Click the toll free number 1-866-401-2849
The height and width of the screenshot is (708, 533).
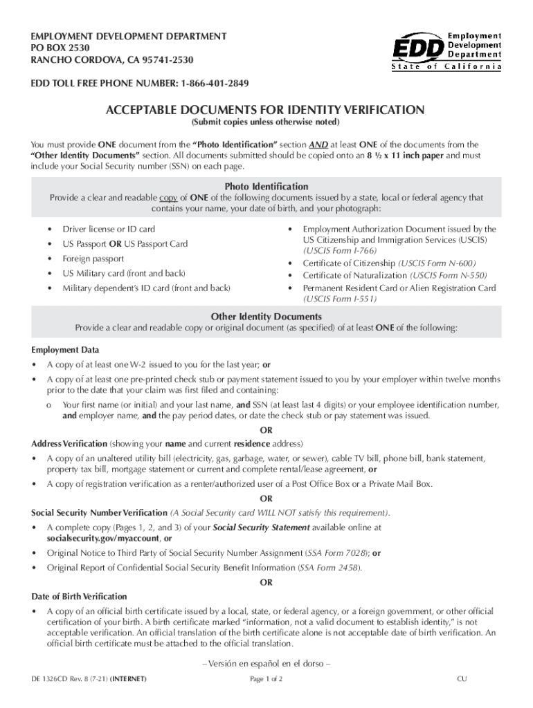(x=215, y=84)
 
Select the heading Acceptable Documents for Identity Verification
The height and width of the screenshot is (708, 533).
(x=265, y=110)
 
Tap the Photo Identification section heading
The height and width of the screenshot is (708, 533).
(x=266, y=187)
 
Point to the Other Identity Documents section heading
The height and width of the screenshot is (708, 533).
(x=266, y=317)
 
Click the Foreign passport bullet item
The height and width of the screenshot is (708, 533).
(x=93, y=259)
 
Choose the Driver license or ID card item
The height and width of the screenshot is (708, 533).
(x=109, y=229)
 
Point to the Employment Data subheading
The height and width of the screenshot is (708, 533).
(x=65, y=350)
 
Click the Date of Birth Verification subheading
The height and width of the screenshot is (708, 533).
(x=80, y=596)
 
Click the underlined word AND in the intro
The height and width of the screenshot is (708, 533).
(x=318, y=145)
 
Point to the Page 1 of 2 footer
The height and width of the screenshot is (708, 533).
(x=266, y=679)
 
